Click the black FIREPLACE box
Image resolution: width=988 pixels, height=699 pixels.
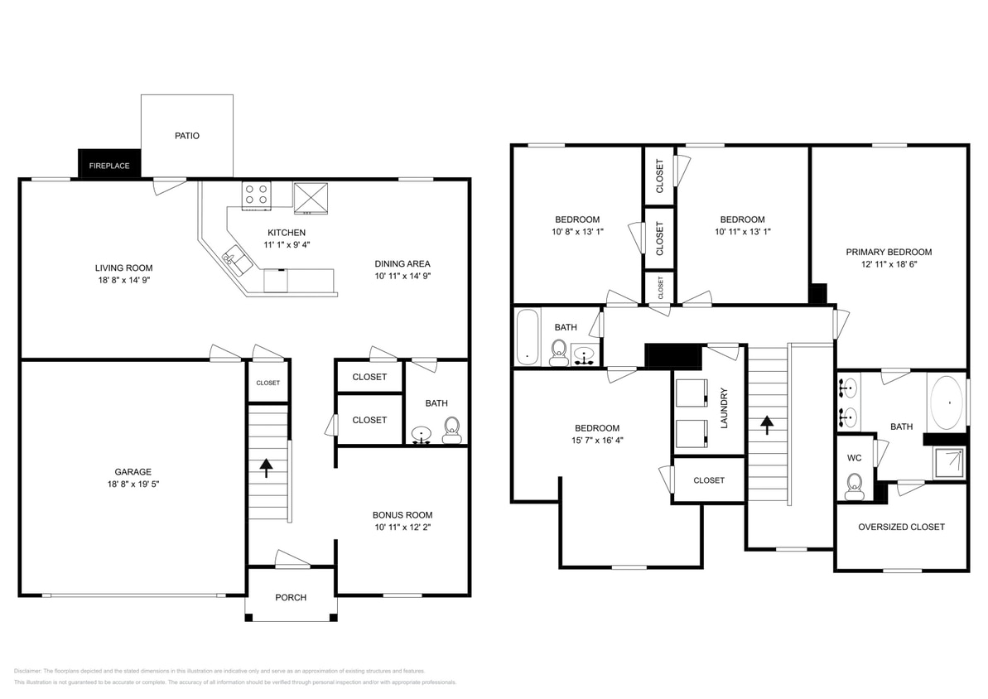[108, 164]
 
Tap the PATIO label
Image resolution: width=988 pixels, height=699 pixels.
[186, 136]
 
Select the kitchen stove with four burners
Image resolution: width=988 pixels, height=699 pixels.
[256, 195]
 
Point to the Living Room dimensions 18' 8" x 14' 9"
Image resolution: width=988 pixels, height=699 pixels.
[123, 280]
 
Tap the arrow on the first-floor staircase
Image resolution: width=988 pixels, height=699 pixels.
[266, 469]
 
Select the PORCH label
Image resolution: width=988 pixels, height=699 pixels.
[291, 597]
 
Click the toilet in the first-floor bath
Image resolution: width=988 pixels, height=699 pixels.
[451, 430]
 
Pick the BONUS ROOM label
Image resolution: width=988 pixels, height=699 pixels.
[402, 514]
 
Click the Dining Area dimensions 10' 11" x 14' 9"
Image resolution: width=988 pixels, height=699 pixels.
[402, 276]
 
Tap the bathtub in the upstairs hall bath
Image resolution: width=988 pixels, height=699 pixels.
[528, 336]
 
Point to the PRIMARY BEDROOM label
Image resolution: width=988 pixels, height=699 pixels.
[889, 252]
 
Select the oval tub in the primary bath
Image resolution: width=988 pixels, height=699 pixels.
[947, 403]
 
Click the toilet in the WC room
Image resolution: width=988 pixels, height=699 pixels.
[854, 486]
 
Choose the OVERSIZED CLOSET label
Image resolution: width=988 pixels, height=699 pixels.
[901, 527]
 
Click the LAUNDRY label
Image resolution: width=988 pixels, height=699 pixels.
[723, 407]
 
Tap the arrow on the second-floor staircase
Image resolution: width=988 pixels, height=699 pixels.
[767, 425]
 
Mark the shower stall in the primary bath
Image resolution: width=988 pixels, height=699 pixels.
[950, 464]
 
